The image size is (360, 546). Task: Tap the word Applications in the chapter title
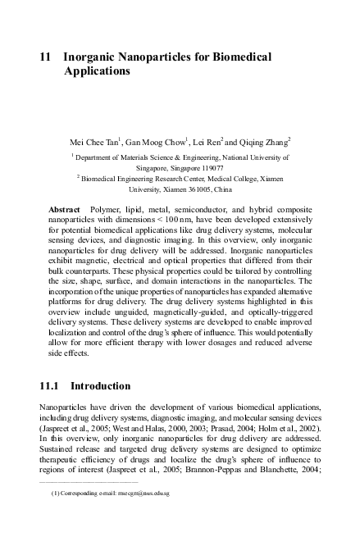click(97, 71)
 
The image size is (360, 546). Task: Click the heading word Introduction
click(101, 385)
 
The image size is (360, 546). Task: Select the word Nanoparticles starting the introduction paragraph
click(66, 407)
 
